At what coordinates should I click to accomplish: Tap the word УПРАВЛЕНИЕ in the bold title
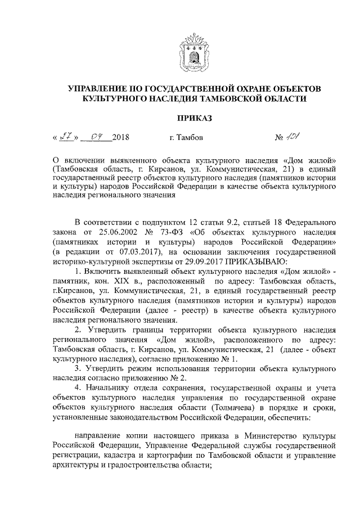(x=98, y=89)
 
